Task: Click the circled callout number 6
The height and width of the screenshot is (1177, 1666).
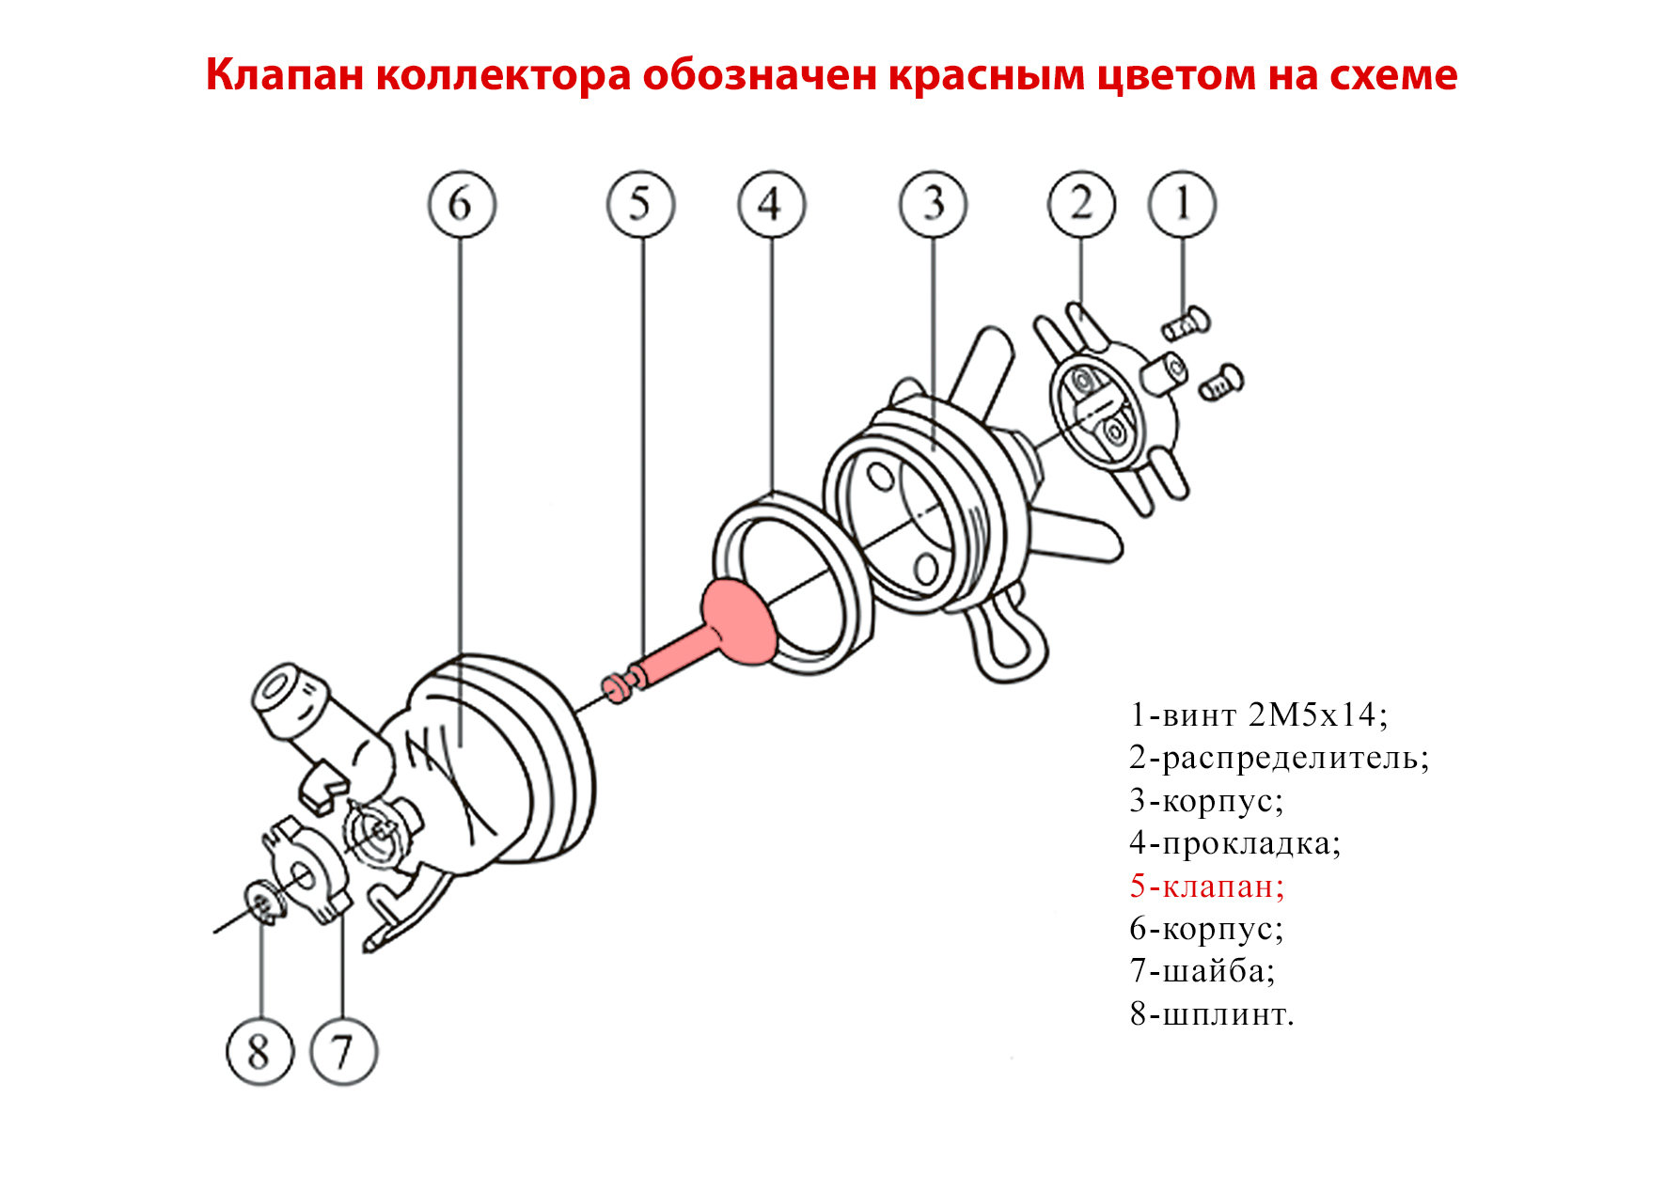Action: coord(461,204)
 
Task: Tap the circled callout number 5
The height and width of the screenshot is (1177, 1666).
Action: coord(640,204)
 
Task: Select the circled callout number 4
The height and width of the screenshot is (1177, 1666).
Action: coord(771,204)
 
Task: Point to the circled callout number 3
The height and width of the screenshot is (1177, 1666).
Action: coord(933,204)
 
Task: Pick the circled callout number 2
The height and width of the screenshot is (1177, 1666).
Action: coord(1081,204)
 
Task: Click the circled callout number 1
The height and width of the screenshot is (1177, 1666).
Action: coord(1183,204)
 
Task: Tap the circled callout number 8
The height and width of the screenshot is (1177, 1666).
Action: coord(260,1051)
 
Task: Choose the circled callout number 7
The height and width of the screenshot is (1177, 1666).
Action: coord(343,1051)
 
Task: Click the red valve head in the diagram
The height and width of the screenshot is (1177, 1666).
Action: coord(738,620)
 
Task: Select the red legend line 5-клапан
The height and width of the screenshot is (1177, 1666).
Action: coord(1206,886)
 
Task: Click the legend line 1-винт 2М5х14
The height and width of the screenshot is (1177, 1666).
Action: coord(1258,715)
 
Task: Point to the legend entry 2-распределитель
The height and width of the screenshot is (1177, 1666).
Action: coord(1279,758)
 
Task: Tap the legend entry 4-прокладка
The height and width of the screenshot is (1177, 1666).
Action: coord(1234,843)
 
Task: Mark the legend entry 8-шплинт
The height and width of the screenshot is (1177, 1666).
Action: coord(1212,1014)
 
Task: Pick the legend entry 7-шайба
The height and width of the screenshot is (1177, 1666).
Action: coord(1202,970)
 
